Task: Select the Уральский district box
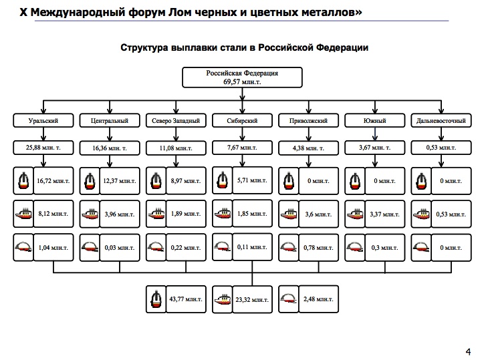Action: (x=43, y=121)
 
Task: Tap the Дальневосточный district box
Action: (x=441, y=121)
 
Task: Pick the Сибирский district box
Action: (x=241, y=121)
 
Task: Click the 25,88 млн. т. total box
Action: (x=43, y=146)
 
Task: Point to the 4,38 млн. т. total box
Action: (x=308, y=146)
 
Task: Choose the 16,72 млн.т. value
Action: (x=53, y=180)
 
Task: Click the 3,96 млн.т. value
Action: (x=119, y=214)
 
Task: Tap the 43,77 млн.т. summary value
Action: (x=185, y=299)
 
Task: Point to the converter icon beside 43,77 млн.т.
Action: (x=156, y=299)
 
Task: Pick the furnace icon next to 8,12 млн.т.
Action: (x=23, y=214)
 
